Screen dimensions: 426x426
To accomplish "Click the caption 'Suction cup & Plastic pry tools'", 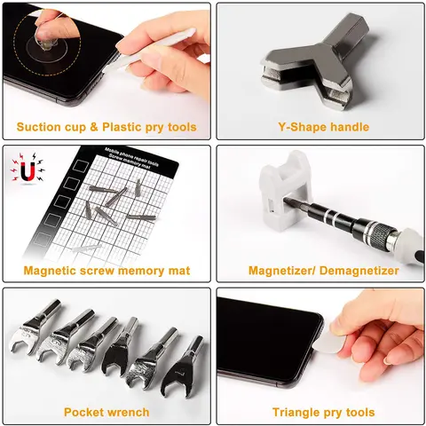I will click(x=106, y=127).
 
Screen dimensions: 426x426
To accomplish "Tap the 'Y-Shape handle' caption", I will click(x=319, y=127).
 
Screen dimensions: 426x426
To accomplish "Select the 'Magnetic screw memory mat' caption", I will click(x=106, y=270).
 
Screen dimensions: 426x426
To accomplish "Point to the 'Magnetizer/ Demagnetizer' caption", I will click(x=319, y=270).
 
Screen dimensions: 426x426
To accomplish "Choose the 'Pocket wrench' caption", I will click(x=106, y=412).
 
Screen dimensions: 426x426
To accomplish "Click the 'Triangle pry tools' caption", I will click(x=319, y=412).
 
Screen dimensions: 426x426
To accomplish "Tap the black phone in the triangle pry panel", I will click(x=266, y=342).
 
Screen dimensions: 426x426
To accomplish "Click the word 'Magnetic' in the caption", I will click(x=51, y=270).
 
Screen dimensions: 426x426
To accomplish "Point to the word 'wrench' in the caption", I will click(x=128, y=412).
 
